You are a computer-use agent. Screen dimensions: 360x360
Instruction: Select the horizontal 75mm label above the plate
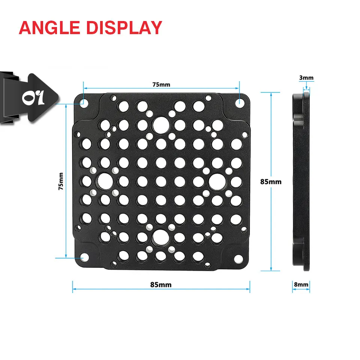pos(161,84)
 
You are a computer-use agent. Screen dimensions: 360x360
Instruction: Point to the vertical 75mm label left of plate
pos(61,181)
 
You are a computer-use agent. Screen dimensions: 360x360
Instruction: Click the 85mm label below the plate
pos(161,285)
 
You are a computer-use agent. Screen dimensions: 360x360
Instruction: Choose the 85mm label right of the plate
pos(271,181)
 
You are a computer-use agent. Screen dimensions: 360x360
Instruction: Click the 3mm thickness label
pos(306,78)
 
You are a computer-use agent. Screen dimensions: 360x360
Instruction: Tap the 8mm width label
pos(301,285)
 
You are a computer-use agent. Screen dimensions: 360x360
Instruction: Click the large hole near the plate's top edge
pos(161,123)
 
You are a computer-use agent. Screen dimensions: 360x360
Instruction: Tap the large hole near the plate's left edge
pos(105,181)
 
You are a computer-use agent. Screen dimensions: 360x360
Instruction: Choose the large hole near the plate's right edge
pos(216,181)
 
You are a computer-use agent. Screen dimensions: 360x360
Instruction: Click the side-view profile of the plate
pos(301,181)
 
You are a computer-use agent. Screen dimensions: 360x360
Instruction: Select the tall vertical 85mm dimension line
pos(271,142)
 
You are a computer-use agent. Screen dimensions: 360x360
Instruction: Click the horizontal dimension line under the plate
pos(112,289)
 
